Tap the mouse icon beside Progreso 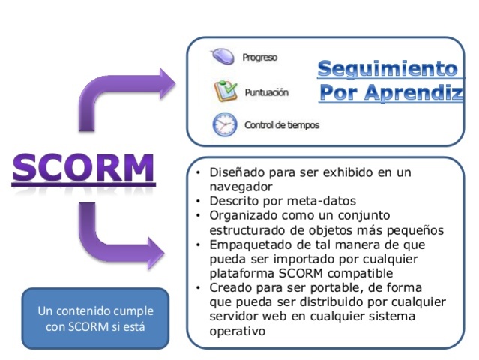tap(223, 57)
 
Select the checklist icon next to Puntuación tap(224, 91)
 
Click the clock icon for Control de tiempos tap(224, 124)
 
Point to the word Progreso tap(259, 58)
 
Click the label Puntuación tap(266, 92)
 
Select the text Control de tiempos tap(282, 125)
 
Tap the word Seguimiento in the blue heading tap(387, 69)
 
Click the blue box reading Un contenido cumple tap(94, 318)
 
